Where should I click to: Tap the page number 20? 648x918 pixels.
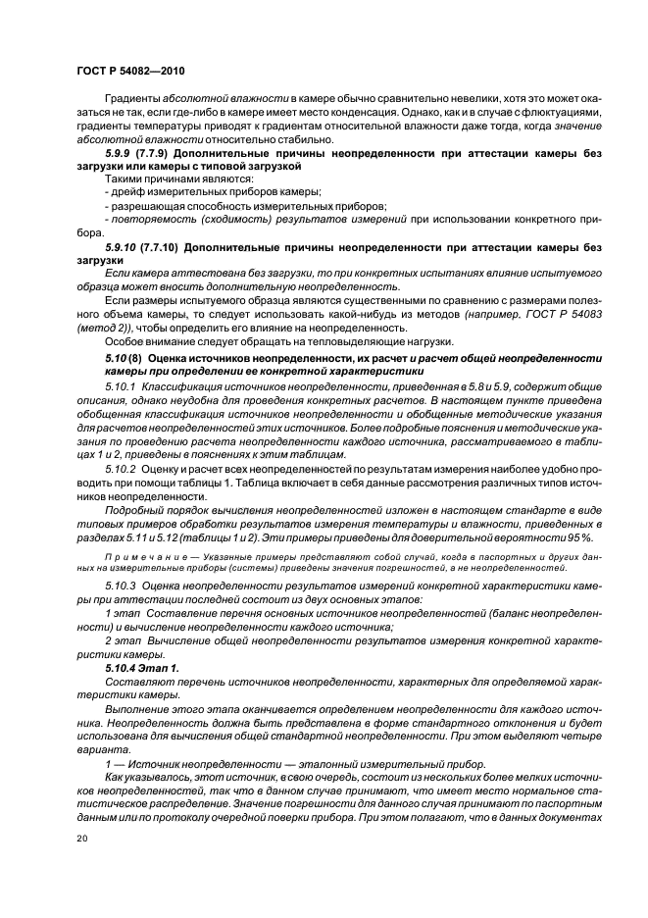tap(81, 839)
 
